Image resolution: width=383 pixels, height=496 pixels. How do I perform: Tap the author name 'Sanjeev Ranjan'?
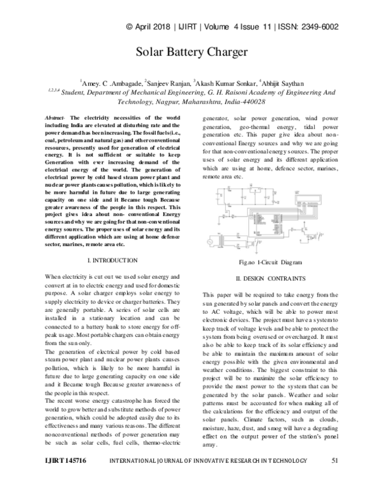169,82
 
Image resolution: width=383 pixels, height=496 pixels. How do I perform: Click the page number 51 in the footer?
334,477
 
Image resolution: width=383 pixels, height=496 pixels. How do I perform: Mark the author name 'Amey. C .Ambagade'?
112,82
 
